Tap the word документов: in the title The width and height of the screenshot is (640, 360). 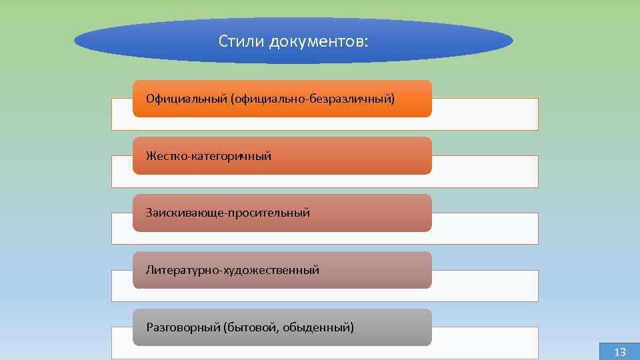pyautogui.click(x=318, y=42)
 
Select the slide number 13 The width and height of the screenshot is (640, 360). pyautogui.click(x=619, y=352)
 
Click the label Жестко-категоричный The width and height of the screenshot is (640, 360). pyautogui.click(x=209, y=156)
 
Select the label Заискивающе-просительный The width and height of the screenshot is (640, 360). pyautogui.click(x=228, y=213)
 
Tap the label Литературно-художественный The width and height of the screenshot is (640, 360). pyautogui.click(x=233, y=270)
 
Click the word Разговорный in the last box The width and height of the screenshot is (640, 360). pyautogui.click(x=183, y=327)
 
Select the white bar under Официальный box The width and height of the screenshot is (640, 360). pyautogui.click(x=485, y=114)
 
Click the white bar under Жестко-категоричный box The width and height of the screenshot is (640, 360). pyautogui.click(x=485, y=171)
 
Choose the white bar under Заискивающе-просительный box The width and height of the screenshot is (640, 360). pyautogui.click(x=485, y=229)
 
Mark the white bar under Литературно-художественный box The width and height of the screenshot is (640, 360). pyautogui.click(x=485, y=286)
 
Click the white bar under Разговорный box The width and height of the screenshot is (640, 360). pyautogui.click(x=485, y=343)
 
